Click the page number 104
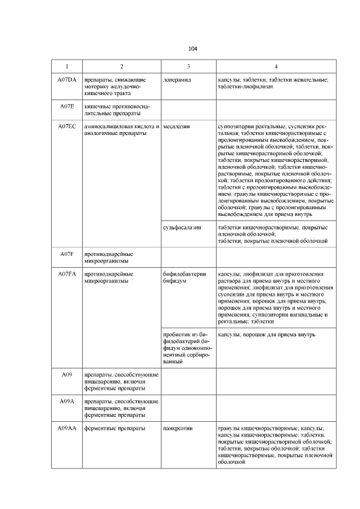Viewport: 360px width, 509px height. point(193,48)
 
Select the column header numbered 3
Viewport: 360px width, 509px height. point(188,66)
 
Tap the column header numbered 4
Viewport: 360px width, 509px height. point(276,66)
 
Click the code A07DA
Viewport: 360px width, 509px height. point(67,80)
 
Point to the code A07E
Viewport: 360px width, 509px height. point(67,106)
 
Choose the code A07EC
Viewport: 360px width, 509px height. point(67,127)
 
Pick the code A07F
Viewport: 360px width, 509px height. point(67,254)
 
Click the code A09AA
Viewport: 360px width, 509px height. point(67,428)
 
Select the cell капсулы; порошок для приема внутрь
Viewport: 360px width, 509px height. point(267,335)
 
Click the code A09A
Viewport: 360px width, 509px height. point(67,402)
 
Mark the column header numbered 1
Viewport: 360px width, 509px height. point(67,66)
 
